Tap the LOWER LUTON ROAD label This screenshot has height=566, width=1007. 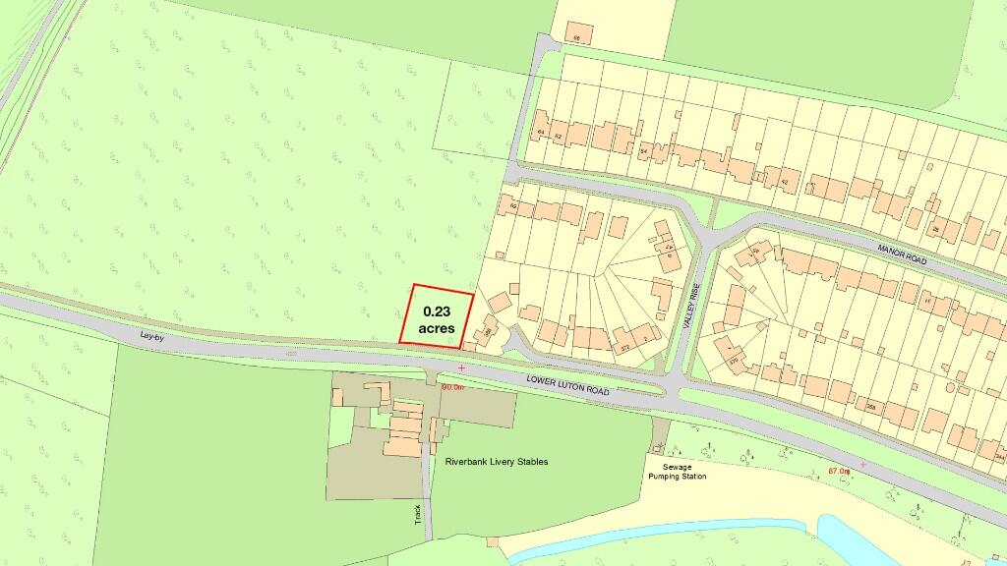pyautogui.click(x=567, y=384)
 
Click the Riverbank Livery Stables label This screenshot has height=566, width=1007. pyautogui.click(x=497, y=461)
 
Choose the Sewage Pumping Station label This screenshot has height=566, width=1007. pyautogui.click(x=677, y=472)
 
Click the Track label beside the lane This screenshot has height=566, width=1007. pyautogui.click(x=417, y=514)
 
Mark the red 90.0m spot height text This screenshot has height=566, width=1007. pyautogui.click(x=452, y=387)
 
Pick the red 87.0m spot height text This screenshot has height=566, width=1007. pyautogui.click(x=838, y=472)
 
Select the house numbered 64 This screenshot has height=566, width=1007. pyautogui.click(x=540, y=132)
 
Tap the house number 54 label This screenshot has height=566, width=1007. pyautogui.click(x=644, y=151)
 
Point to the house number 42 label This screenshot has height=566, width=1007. pyautogui.click(x=785, y=182)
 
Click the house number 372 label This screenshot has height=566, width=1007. pyautogui.click(x=623, y=347)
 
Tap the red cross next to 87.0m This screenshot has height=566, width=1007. pyautogui.click(x=862, y=464)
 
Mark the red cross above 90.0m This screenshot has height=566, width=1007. pyautogui.click(x=460, y=368)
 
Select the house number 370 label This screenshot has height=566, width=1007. pyautogui.click(x=733, y=360)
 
